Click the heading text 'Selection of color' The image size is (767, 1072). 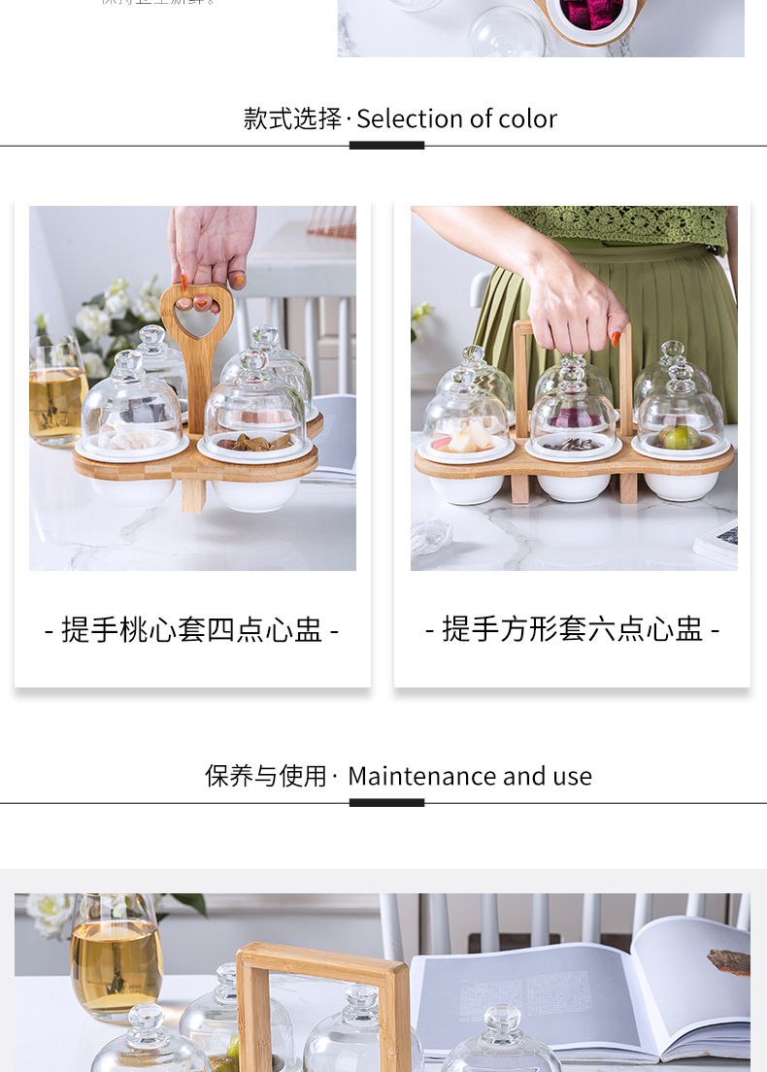pyautogui.click(x=456, y=119)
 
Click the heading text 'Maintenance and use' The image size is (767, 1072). pyautogui.click(x=469, y=777)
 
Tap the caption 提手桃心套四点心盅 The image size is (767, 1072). pyautogui.click(x=191, y=629)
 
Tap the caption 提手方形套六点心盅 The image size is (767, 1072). pyautogui.click(x=572, y=629)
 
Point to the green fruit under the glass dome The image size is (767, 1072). pyautogui.click(x=680, y=437)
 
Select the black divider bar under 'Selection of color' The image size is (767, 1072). pyautogui.click(x=386, y=146)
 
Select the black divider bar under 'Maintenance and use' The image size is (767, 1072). pyautogui.click(x=386, y=803)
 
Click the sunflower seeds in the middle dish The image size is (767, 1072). pyautogui.click(x=573, y=444)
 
